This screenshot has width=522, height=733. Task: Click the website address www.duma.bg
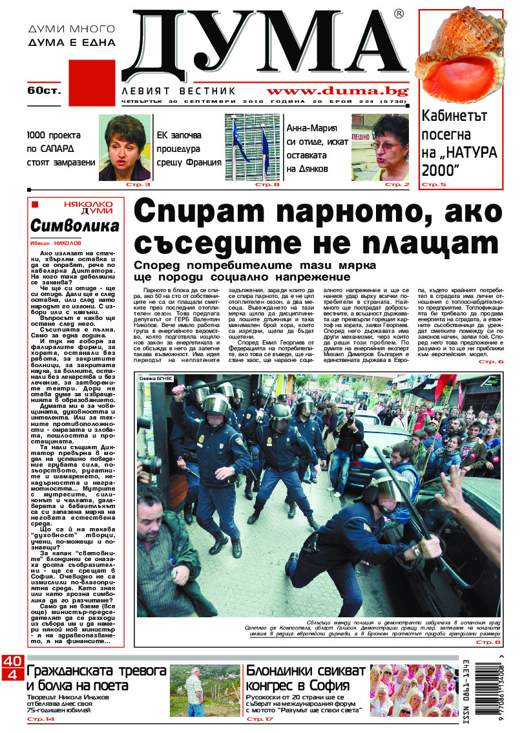click(337, 91)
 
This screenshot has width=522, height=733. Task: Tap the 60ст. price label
click(43, 90)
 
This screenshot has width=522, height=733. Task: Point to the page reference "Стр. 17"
click(258, 719)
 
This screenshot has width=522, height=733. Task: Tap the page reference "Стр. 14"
click(41, 719)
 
